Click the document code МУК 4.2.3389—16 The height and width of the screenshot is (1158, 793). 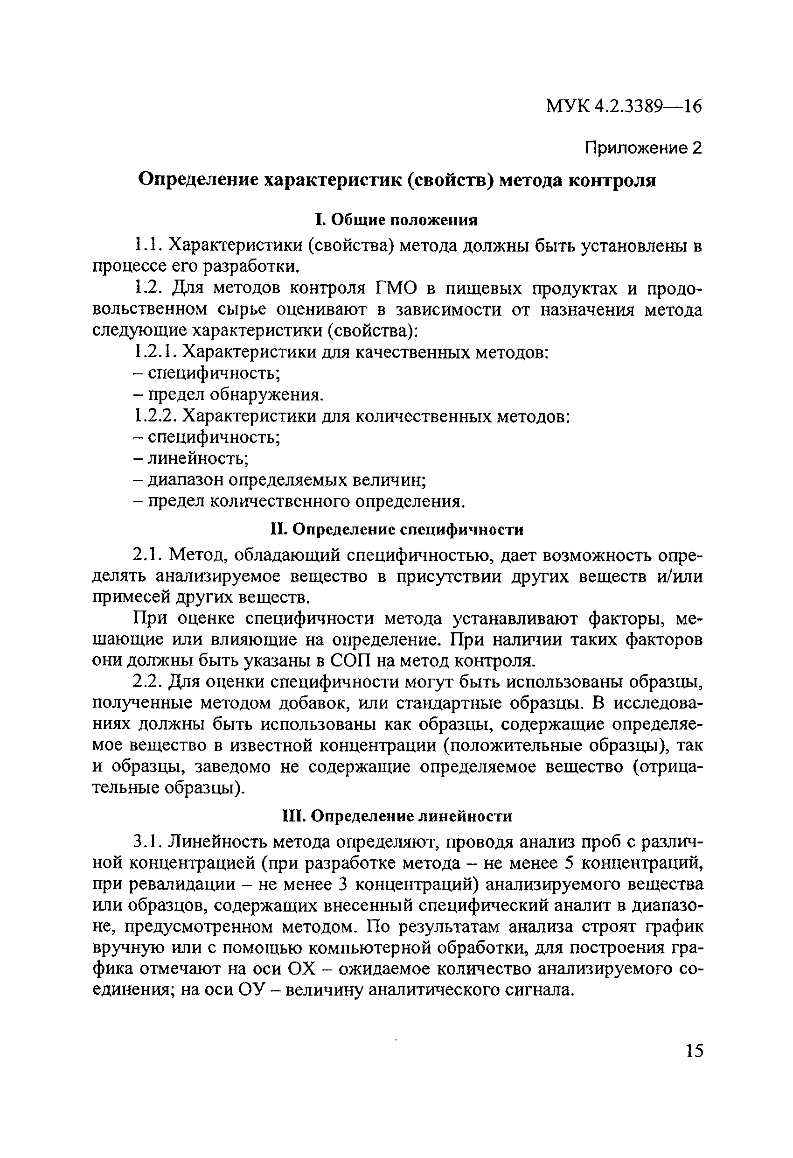pyautogui.click(x=624, y=106)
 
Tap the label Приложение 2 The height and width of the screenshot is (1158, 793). pyautogui.click(x=643, y=147)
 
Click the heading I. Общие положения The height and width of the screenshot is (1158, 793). pyautogui.click(x=396, y=220)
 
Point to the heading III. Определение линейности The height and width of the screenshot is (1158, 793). pyautogui.click(x=396, y=816)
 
